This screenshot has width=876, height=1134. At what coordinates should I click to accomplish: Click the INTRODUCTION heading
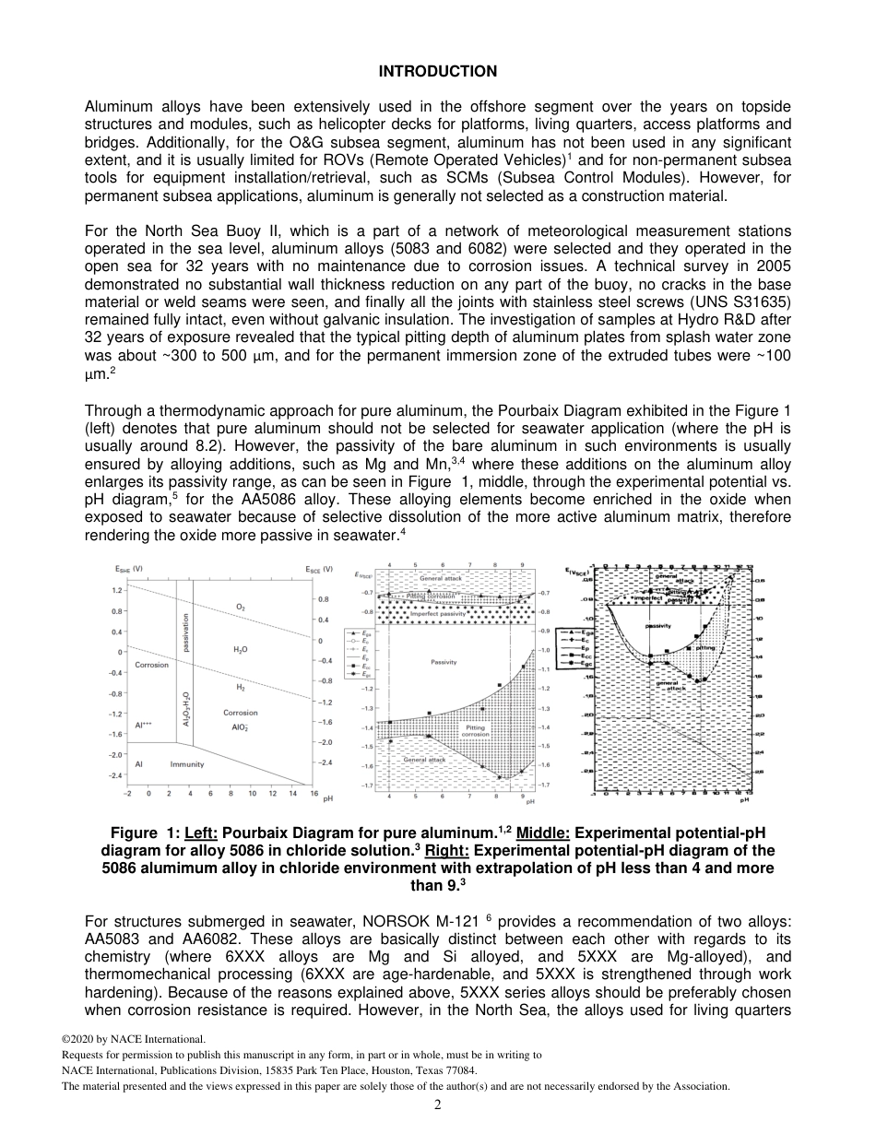[438, 71]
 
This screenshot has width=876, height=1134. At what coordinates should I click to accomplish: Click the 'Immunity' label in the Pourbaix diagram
[187, 764]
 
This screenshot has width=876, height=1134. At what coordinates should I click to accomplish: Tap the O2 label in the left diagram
[241, 608]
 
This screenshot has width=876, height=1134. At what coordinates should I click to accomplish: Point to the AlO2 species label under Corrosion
[240, 726]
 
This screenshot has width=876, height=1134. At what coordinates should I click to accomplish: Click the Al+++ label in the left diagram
[143, 725]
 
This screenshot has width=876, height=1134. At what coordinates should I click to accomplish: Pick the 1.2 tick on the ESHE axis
[117, 590]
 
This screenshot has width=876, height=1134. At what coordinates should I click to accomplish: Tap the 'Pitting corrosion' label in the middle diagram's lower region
[475, 730]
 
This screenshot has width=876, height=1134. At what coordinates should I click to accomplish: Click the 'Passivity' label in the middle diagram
[444, 662]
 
